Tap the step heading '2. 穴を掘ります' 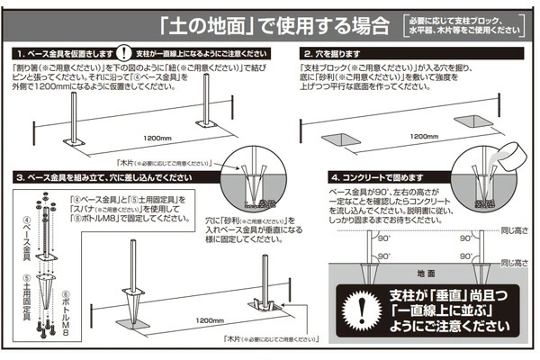click(337, 55)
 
